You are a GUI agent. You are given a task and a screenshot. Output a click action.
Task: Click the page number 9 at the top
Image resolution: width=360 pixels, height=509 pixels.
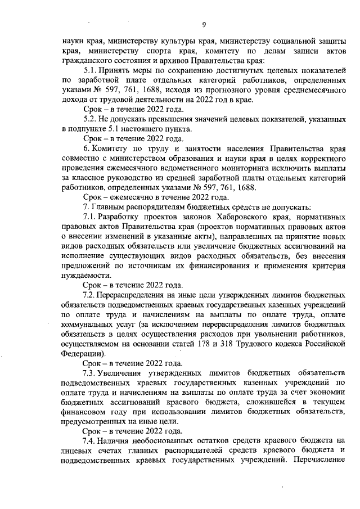point(204,24)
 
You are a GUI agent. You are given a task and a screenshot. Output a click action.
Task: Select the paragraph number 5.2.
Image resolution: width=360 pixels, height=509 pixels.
point(91,120)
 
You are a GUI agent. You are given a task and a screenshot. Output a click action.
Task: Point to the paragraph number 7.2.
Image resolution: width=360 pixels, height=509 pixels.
point(91,295)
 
